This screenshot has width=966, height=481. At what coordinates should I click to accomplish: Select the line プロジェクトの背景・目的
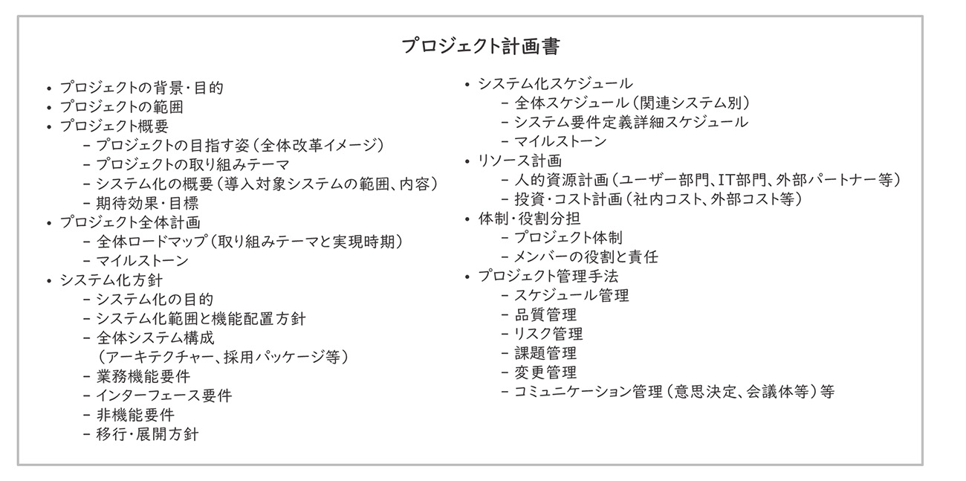click(x=141, y=87)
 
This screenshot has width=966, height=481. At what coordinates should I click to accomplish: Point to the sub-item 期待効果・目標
click(x=147, y=203)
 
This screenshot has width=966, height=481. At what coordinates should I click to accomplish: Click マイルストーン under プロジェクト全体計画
click(x=142, y=261)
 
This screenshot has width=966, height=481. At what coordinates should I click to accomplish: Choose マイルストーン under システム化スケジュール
click(x=560, y=141)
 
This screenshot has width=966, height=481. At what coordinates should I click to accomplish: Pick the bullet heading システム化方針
click(x=111, y=280)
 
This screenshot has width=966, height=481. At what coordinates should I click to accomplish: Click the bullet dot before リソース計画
click(x=467, y=161)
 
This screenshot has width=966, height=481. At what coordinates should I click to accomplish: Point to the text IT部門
click(x=738, y=180)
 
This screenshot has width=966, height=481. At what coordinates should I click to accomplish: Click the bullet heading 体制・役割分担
click(x=529, y=219)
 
